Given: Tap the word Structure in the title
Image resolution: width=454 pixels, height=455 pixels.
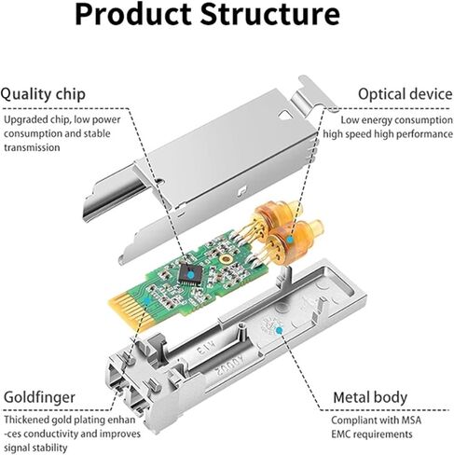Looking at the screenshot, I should [280, 15].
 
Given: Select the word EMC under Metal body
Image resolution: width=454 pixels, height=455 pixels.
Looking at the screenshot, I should [350, 434].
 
